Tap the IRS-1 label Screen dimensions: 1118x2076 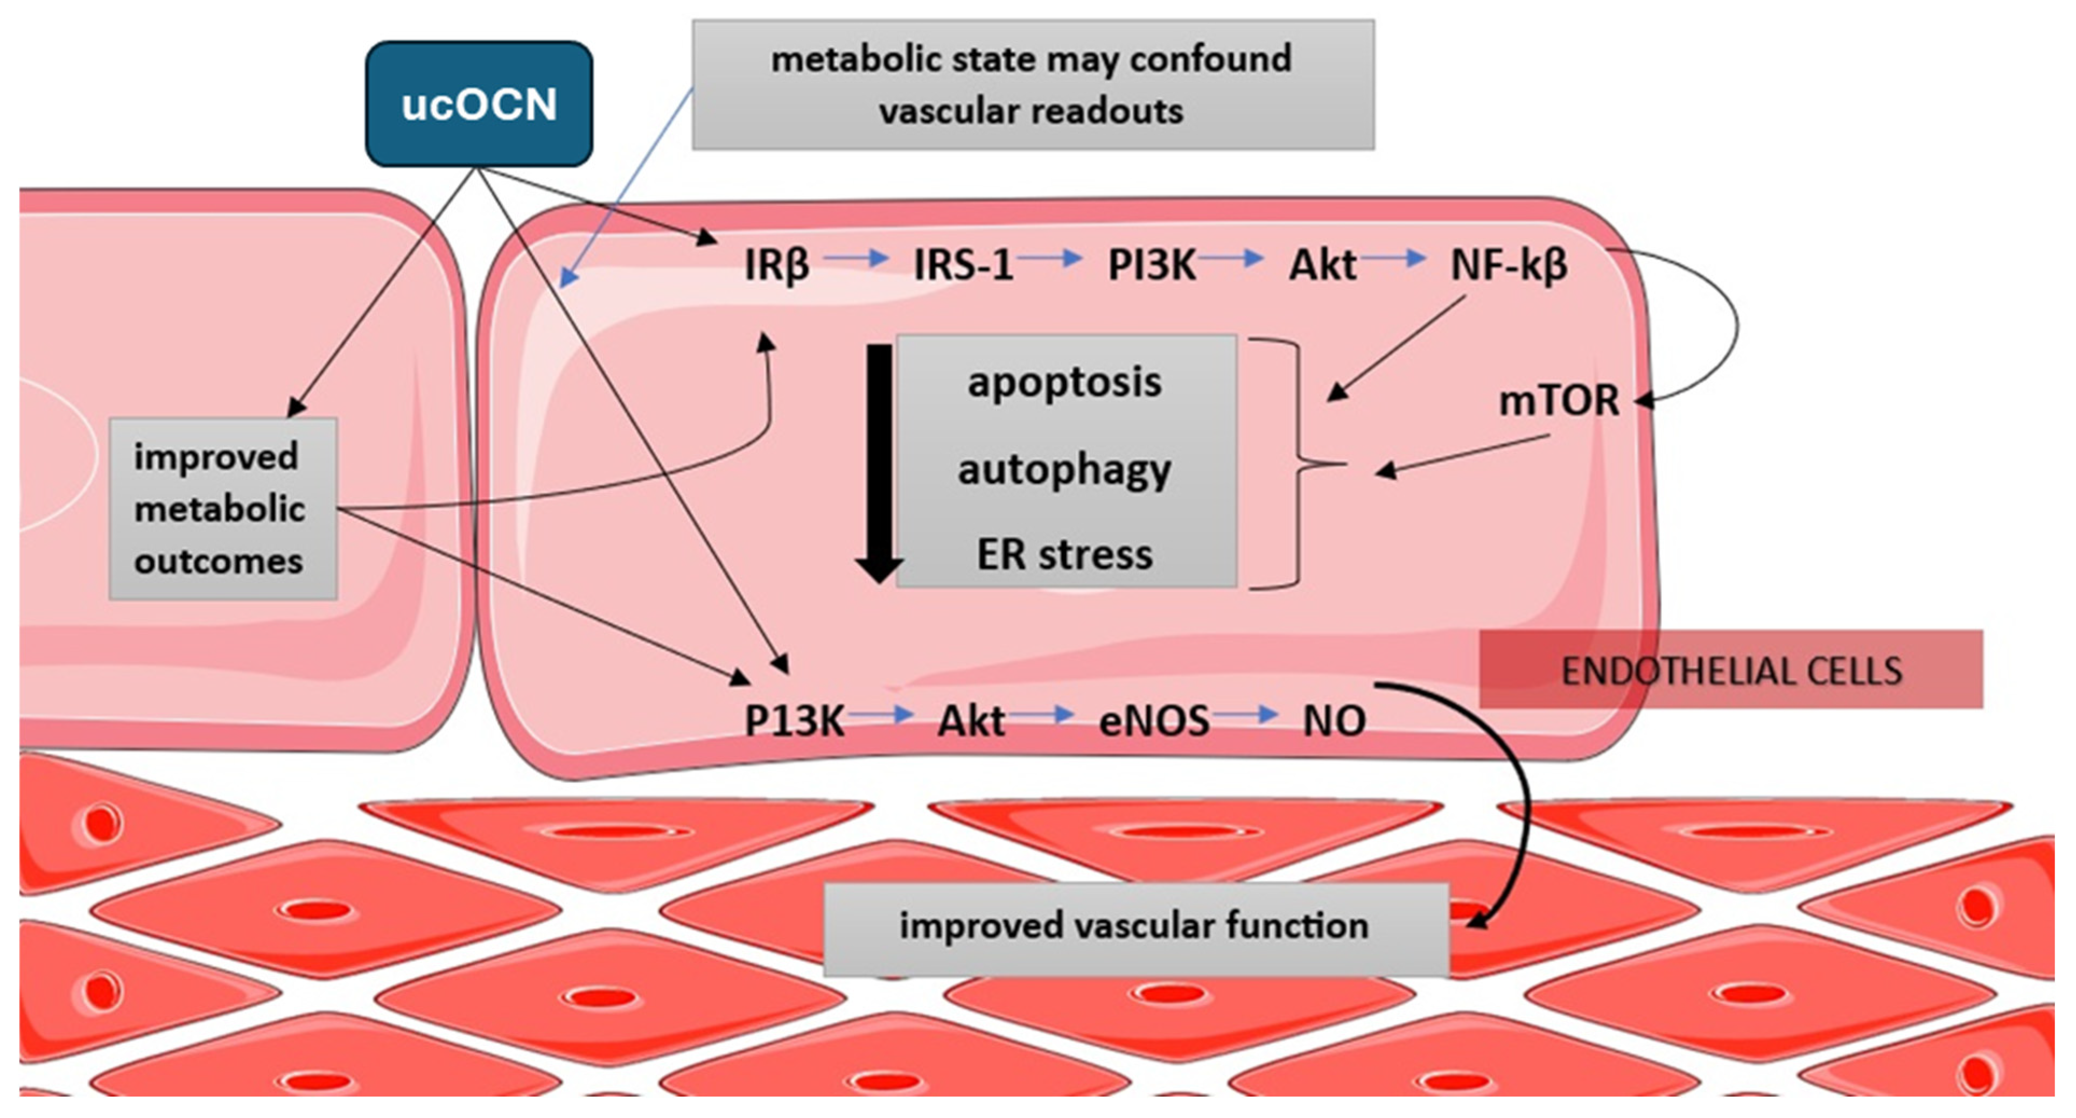click(963, 264)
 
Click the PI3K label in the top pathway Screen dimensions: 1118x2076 click(1152, 264)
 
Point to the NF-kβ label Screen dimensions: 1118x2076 click(1509, 264)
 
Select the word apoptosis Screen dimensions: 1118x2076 click(1064, 382)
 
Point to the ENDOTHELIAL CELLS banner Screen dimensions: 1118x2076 click(1731, 670)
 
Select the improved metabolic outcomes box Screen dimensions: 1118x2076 click(222, 508)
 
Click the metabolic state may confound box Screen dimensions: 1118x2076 click(1033, 85)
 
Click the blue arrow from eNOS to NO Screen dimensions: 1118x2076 click(1246, 714)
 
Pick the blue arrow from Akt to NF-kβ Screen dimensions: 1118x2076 click(1394, 258)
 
